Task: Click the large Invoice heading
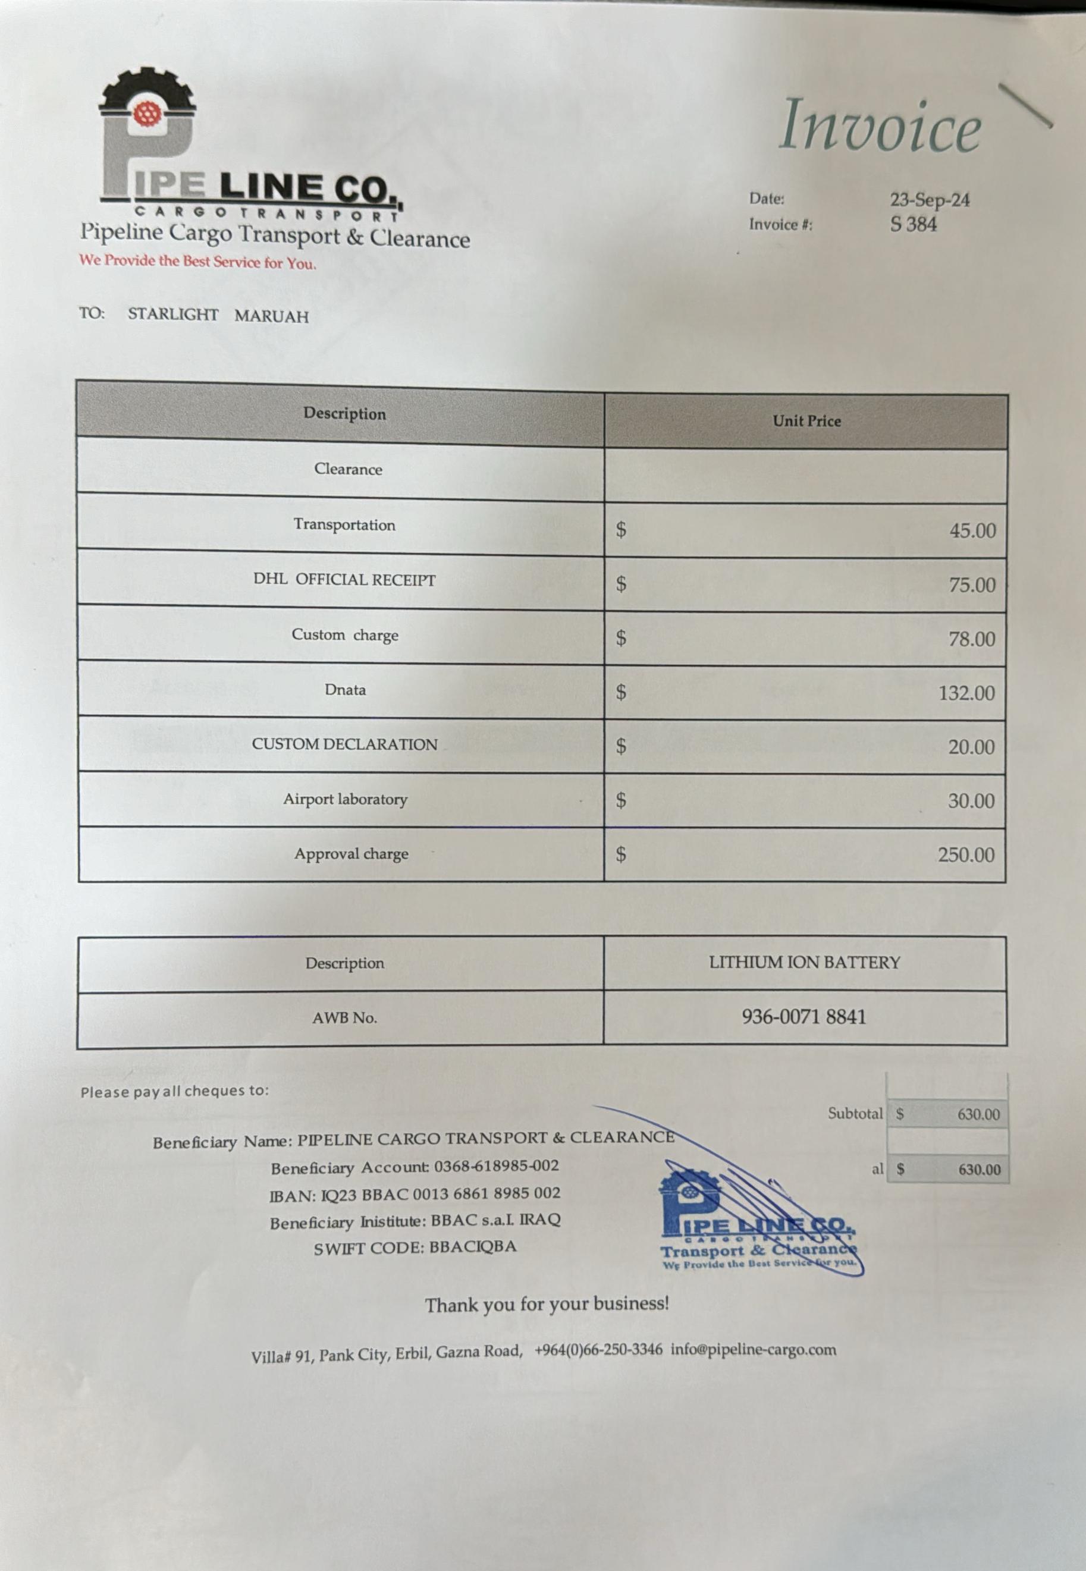click(x=879, y=126)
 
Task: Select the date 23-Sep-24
click(x=930, y=200)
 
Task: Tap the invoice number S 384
click(x=913, y=225)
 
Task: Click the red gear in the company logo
click(x=145, y=114)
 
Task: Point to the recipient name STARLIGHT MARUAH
click(x=218, y=315)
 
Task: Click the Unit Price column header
click(x=806, y=421)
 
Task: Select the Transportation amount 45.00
click(x=972, y=530)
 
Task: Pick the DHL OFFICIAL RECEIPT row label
click(x=344, y=580)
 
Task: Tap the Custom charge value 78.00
click(x=972, y=639)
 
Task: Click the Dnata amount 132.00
click(x=966, y=693)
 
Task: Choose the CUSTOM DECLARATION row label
click(x=344, y=744)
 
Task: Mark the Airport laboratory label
click(x=345, y=799)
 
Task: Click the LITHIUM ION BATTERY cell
click(x=804, y=962)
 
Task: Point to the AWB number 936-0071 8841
click(x=803, y=1017)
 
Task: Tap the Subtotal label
click(x=855, y=1114)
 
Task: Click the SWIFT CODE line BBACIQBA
click(x=415, y=1248)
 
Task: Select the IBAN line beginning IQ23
click(x=415, y=1193)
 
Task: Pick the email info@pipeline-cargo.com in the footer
click(x=754, y=1350)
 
